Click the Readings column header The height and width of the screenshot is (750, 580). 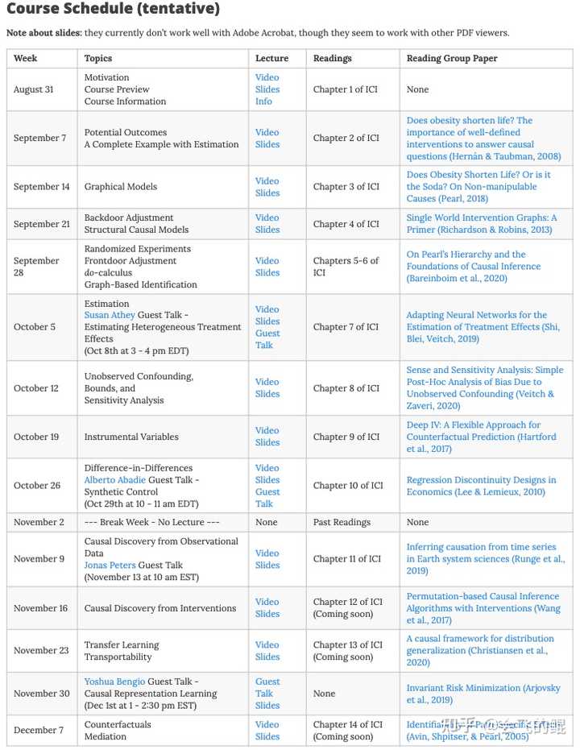pos(332,58)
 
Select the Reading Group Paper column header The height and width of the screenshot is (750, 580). pos(452,58)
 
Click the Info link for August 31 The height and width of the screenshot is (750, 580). pos(263,102)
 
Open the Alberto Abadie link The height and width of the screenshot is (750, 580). pos(115,479)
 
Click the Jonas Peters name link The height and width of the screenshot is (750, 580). pos(110,565)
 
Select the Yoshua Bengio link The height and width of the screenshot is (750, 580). pos(114,681)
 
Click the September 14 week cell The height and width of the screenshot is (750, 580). pos(42,187)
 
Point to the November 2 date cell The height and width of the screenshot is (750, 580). pos(40,522)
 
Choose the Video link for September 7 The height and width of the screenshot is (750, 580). pos(267,132)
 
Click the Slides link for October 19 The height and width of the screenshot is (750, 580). pos(267,442)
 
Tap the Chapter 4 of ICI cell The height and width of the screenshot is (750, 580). pos(346,224)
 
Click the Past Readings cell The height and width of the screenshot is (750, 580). pos(342,522)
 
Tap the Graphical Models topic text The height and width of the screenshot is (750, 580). pos(120,187)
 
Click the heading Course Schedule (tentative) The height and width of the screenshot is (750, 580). pos(114,10)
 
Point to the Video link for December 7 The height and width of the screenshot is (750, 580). pos(267,724)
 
